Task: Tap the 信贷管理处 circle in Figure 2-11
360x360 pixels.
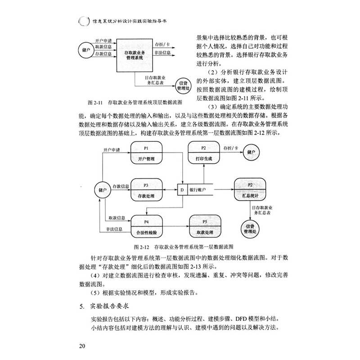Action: (x=184, y=84)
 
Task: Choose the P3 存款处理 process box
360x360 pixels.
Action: (x=146, y=190)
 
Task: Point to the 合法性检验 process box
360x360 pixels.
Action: (x=146, y=228)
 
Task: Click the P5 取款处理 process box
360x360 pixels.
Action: (x=205, y=228)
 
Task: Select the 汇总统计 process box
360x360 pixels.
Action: (x=251, y=190)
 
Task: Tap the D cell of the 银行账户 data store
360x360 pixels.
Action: (x=182, y=190)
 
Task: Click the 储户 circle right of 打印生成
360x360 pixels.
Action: (x=251, y=153)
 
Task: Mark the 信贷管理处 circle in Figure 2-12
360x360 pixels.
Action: (x=251, y=228)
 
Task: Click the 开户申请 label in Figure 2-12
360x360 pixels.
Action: (x=112, y=150)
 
